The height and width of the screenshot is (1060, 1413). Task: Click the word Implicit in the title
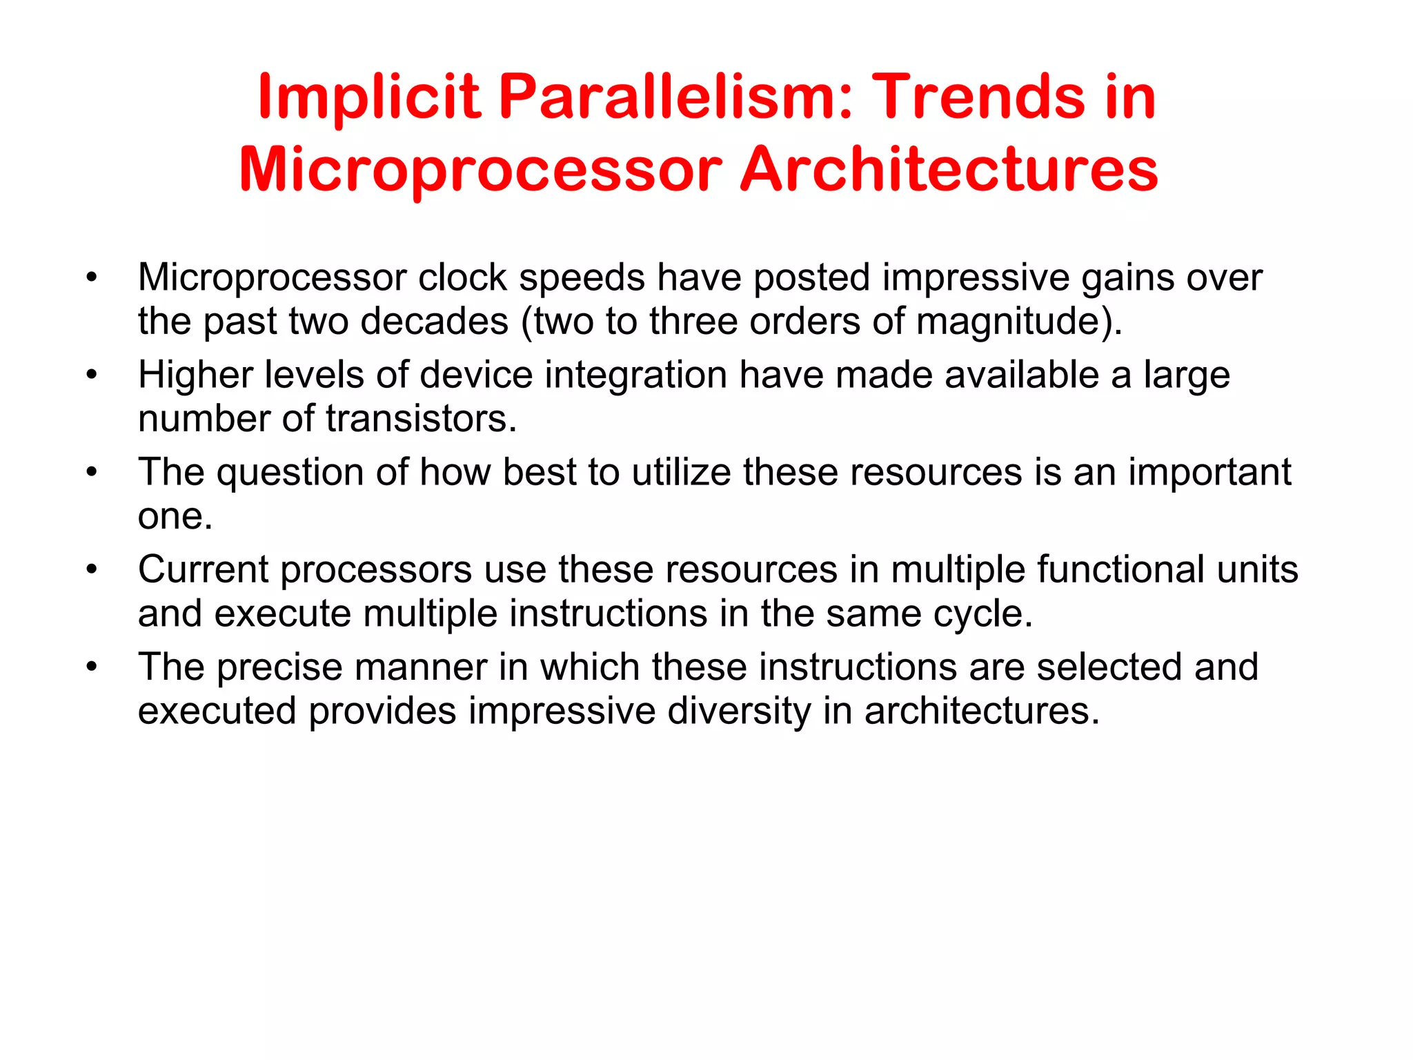coord(368,98)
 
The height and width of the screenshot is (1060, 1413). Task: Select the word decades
coord(434,322)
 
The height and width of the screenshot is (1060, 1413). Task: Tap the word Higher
coord(195,376)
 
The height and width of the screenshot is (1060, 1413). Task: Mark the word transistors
coord(421,419)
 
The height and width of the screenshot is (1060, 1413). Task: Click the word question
coord(290,474)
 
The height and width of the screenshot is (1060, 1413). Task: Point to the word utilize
coord(681,473)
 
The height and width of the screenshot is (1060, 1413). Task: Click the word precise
coord(279,668)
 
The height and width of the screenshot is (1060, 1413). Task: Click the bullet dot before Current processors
coord(92,571)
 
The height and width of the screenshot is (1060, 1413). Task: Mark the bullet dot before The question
coord(92,473)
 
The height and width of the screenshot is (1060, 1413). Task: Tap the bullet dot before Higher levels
coord(92,376)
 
